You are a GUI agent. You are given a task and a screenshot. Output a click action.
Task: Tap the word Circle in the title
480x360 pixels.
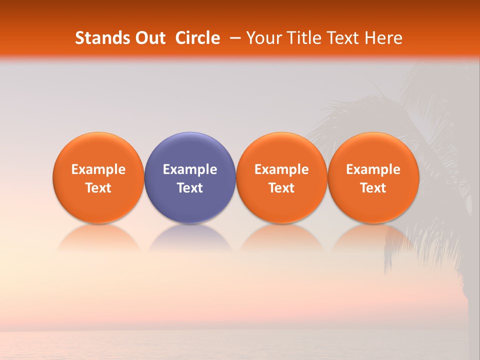[197, 38]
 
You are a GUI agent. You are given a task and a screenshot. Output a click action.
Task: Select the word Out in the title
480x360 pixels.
[149, 38]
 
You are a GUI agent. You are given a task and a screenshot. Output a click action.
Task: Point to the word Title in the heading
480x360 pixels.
[301, 38]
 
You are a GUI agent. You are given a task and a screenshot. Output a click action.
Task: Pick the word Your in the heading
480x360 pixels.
[264, 38]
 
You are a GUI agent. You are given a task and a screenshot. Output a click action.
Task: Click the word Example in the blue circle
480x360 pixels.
[190, 169]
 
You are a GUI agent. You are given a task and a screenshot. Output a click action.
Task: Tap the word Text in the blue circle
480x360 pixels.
[190, 188]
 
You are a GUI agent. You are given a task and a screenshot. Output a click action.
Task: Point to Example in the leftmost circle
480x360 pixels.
[98, 169]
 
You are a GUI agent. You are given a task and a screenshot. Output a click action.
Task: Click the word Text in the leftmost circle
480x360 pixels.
[98, 188]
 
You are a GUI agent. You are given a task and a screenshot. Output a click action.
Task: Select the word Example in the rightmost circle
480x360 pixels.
[373, 169]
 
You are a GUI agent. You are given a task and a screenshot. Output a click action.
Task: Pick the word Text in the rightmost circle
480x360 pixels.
[373, 188]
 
